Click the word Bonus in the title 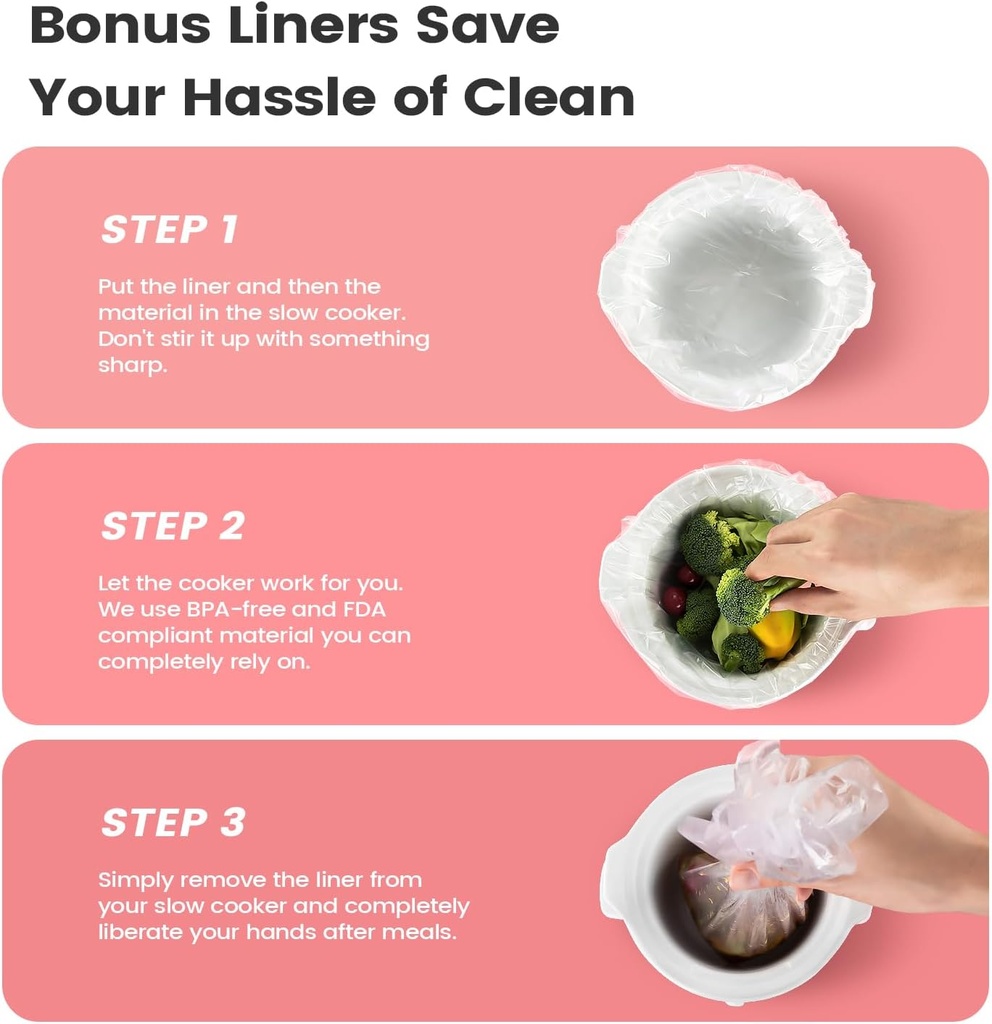119,25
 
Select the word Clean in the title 549,97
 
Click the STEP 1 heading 170,230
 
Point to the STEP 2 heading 173,526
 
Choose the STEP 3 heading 173,822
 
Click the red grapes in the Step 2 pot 678,589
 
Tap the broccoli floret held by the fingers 741,596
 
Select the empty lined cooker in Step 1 736,287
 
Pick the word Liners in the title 313,25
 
